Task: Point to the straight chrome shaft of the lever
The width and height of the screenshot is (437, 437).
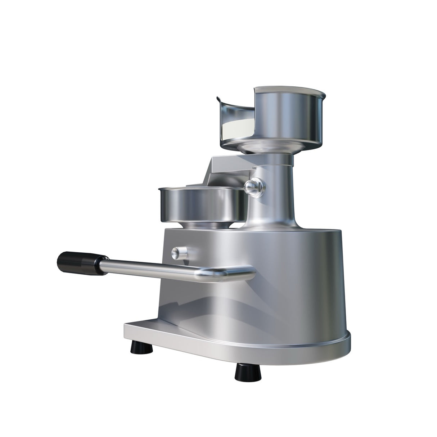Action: (x=155, y=268)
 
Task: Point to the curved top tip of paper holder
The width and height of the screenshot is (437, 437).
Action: (x=218, y=99)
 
